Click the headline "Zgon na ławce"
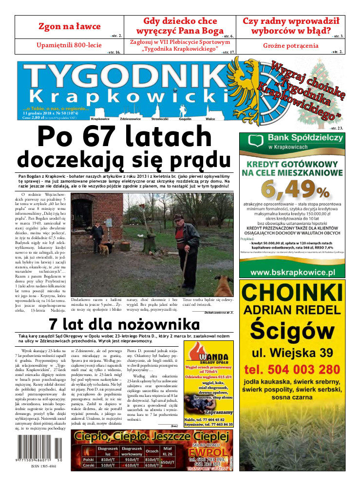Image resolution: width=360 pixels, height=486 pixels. coord(70,26)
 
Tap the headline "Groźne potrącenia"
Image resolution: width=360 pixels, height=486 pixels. coord(291,46)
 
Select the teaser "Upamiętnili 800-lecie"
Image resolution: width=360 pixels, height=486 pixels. coord(69,45)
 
